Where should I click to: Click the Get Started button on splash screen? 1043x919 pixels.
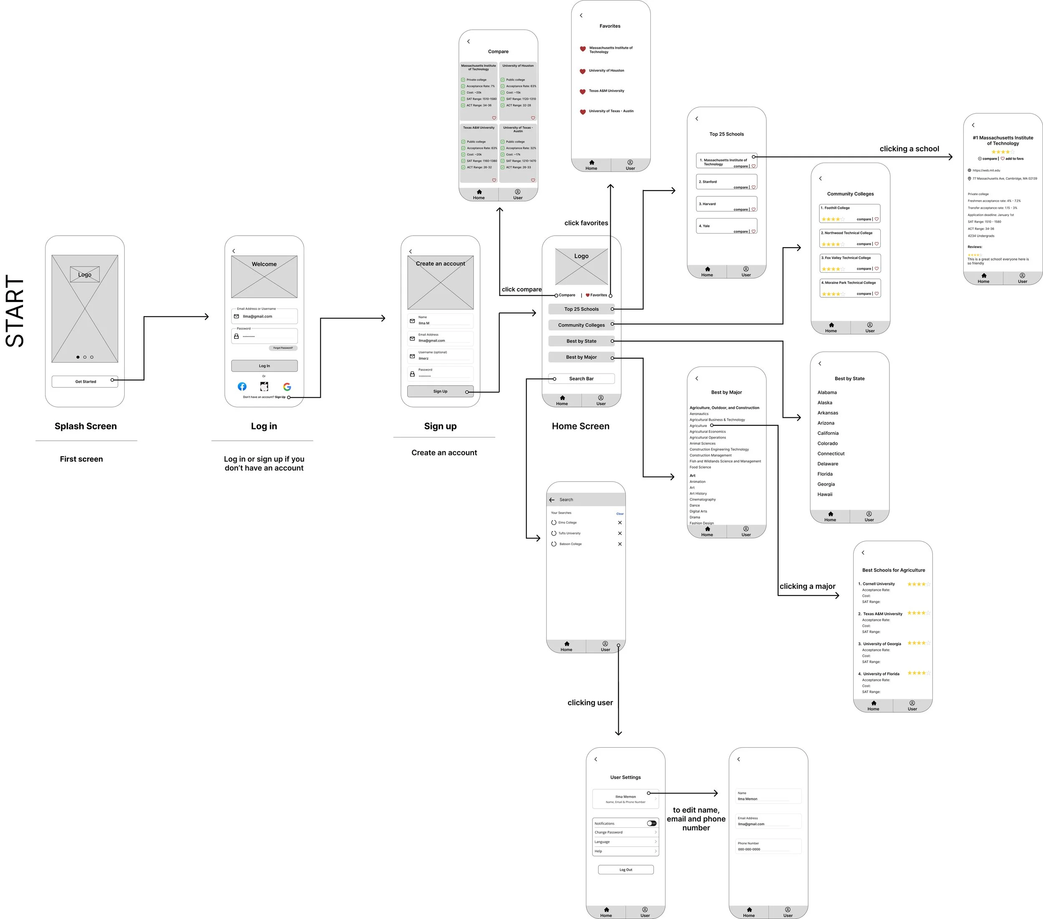click(x=85, y=382)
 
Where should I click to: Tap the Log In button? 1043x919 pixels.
click(x=265, y=366)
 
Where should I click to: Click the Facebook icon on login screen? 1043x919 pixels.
click(x=242, y=387)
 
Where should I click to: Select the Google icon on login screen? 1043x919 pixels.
click(x=287, y=387)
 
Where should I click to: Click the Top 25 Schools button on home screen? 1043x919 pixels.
click(x=581, y=309)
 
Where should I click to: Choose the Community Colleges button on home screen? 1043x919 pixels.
click(x=581, y=325)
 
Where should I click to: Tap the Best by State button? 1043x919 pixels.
click(x=581, y=341)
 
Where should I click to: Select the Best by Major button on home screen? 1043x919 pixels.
click(x=581, y=357)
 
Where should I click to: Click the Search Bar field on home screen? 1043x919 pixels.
click(x=581, y=379)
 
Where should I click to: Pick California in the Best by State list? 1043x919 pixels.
click(x=828, y=433)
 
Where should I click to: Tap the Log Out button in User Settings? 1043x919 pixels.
click(x=626, y=869)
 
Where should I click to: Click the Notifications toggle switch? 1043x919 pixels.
click(x=652, y=823)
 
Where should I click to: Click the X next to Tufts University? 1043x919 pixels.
click(x=620, y=533)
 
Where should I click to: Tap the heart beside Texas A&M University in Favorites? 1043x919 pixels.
click(x=582, y=92)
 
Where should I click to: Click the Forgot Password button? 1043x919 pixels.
click(x=283, y=348)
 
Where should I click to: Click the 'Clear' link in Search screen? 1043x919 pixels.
click(x=620, y=514)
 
